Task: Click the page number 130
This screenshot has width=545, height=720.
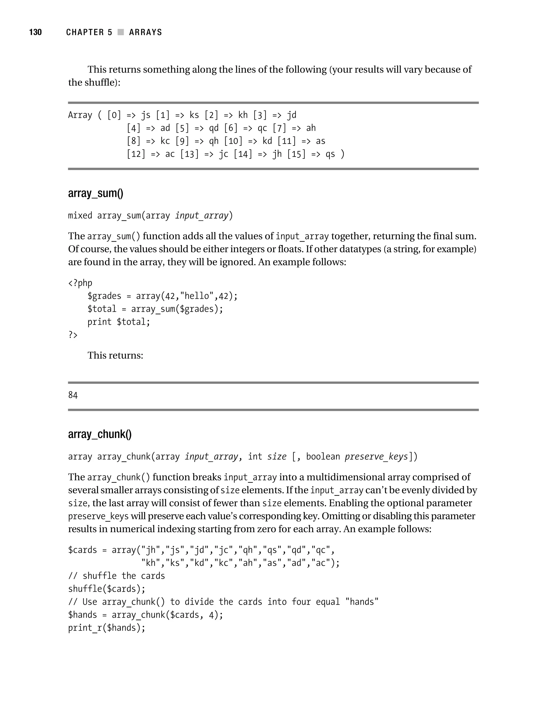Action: tap(35, 32)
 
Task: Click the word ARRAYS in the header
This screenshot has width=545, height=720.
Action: tap(145, 32)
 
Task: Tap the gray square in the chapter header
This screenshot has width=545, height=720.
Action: tap(121, 32)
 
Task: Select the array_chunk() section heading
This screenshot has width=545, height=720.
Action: tap(100, 434)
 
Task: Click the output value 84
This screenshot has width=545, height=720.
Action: tap(73, 395)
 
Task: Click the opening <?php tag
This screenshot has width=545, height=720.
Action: tap(80, 283)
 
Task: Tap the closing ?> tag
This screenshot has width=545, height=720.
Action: tap(73, 335)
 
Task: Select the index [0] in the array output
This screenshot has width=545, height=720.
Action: tap(114, 115)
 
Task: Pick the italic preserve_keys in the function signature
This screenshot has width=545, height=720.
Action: tap(376, 457)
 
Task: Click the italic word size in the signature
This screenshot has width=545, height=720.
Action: tap(276, 457)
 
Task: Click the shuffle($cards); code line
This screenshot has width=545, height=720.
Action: tap(106, 589)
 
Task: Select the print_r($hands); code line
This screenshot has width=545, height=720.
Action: tap(106, 628)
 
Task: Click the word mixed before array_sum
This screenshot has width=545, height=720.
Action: tap(80, 216)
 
